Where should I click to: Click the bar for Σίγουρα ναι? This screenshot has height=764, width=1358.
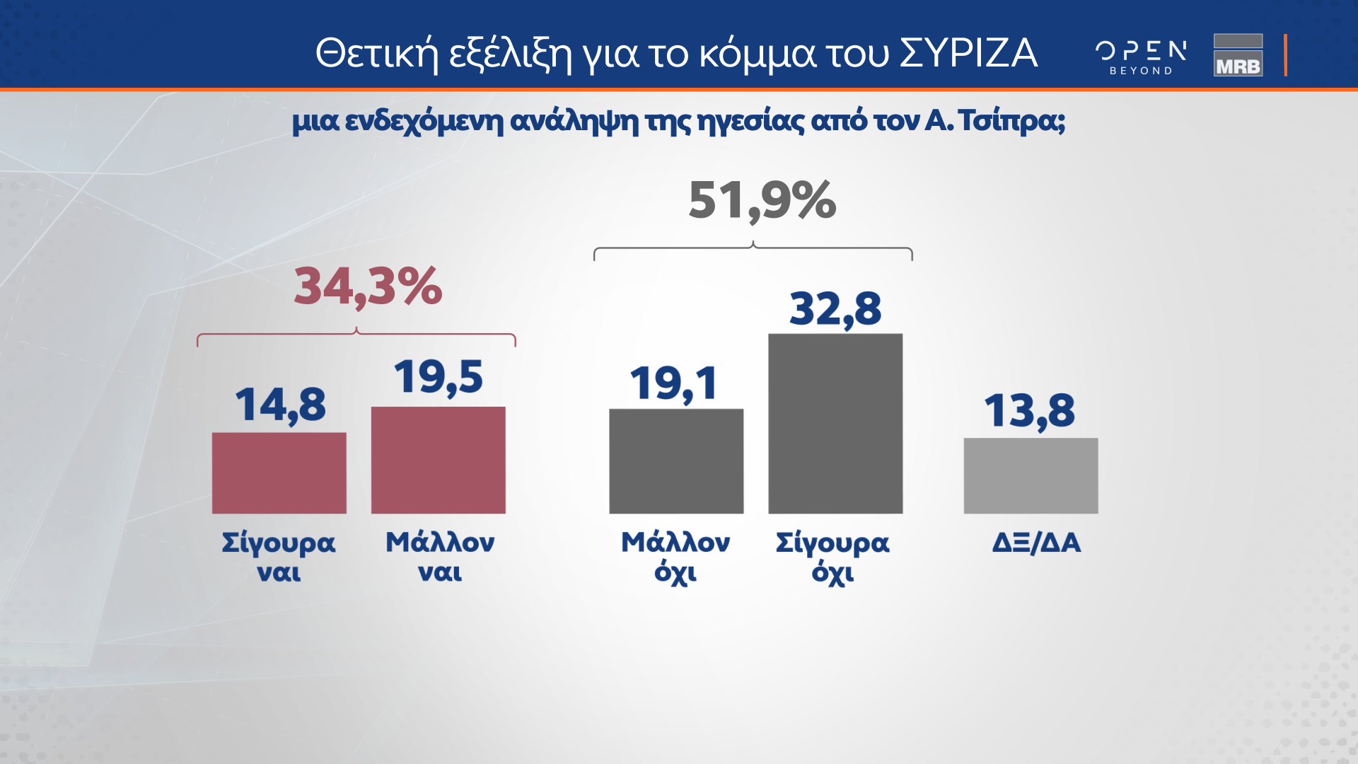click(x=279, y=473)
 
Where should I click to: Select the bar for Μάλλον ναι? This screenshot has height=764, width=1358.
click(x=439, y=460)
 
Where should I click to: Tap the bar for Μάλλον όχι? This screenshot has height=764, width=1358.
click(x=676, y=461)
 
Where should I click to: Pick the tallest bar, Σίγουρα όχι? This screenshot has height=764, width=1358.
click(x=835, y=423)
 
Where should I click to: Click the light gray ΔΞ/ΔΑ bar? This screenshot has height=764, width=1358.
click(x=1031, y=475)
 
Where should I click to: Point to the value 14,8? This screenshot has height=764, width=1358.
click(x=280, y=405)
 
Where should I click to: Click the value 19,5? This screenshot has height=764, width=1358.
click(x=439, y=377)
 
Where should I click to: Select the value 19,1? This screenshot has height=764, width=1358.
click(x=674, y=384)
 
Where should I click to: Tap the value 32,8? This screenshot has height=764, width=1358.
click(x=835, y=309)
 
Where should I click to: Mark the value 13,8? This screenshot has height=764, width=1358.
click(x=1029, y=411)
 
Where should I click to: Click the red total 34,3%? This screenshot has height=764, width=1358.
click(x=368, y=287)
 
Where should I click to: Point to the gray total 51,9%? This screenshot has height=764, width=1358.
click(x=762, y=201)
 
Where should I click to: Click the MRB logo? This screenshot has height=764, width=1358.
click(x=1238, y=55)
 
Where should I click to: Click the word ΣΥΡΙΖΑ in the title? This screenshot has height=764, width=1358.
click(x=968, y=54)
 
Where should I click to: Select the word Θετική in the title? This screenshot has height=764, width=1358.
click(x=377, y=54)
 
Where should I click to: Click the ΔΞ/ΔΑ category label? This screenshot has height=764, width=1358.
click(x=1036, y=543)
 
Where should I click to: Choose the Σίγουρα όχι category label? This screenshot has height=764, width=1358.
click(x=832, y=557)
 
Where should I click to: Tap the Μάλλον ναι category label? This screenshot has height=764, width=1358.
click(x=439, y=557)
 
